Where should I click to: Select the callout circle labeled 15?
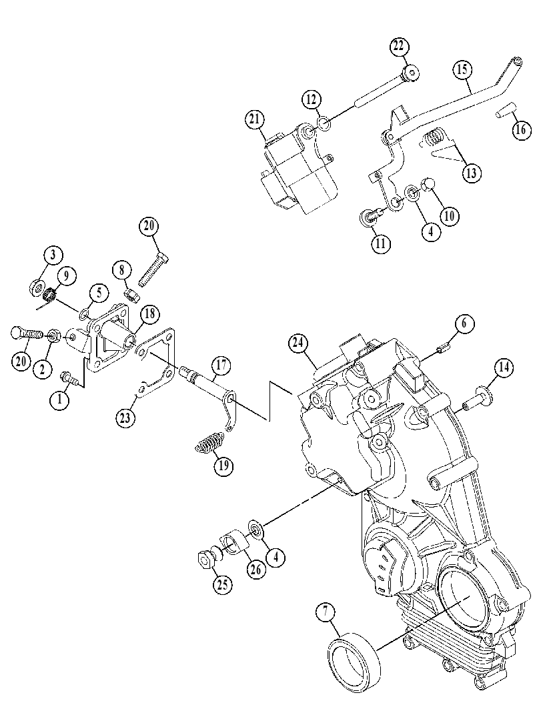[x=463, y=69]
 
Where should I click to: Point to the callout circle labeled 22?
[x=400, y=46]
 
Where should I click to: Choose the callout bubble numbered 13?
[x=471, y=173]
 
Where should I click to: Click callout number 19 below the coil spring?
[x=223, y=466]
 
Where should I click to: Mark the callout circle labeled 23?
[x=125, y=418]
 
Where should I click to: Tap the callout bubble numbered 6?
[x=464, y=323]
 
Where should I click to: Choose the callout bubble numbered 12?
[x=312, y=99]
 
